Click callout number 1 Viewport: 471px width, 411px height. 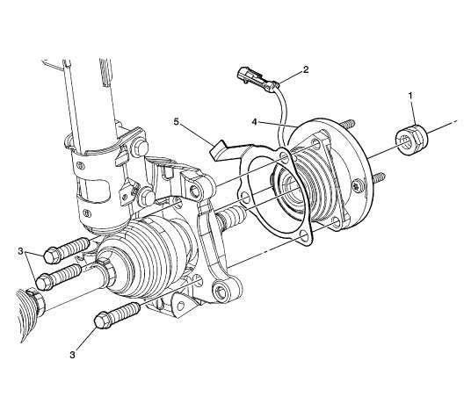pos(410,96)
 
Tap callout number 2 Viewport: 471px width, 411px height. pos(306,69)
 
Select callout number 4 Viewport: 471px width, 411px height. pos(255,122)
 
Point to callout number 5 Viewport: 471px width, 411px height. pos(177,122)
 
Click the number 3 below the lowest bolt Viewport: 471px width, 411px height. pos(72,355)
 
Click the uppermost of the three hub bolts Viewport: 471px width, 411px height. pos(67,250)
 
